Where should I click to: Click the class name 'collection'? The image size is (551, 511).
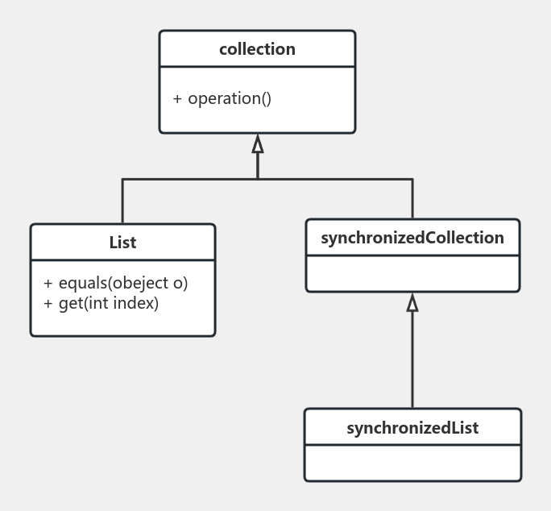257,49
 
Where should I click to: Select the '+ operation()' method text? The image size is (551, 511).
222,99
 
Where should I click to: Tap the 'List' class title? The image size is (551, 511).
122,243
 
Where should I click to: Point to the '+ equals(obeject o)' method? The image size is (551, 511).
115,284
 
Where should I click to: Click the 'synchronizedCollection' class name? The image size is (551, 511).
412,238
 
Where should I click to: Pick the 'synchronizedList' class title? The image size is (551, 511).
412,428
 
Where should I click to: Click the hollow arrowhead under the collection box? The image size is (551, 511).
258,144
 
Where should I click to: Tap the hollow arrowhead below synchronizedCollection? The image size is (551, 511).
412,303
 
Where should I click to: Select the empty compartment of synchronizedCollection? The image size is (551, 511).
412,273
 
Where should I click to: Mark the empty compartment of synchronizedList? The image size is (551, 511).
412,463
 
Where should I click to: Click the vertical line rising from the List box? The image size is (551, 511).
122,201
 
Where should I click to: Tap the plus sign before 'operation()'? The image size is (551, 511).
178,99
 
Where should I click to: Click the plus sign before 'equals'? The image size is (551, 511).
48,284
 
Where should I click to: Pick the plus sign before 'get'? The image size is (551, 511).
48,303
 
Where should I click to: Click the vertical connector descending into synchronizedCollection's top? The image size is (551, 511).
412,199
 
